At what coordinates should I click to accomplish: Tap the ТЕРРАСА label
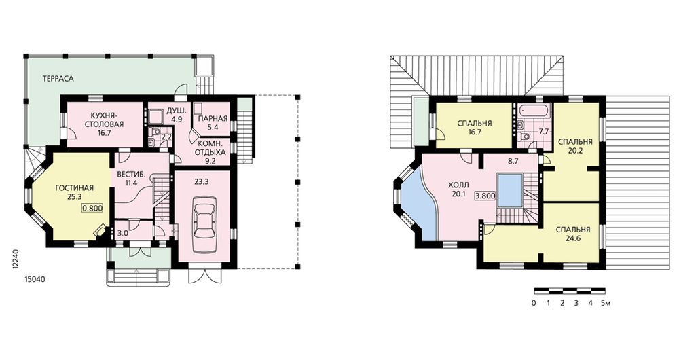[x=58, y=79]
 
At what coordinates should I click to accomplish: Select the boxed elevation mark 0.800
[x=92, y=208]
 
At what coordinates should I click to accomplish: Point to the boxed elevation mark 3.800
[x=485, y=196]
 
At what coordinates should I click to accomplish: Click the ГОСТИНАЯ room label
[x=75, y=188]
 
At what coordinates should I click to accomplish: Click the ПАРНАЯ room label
[x=213, y=119]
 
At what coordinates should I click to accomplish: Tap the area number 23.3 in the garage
[x=202, y=182]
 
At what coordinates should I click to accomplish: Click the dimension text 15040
[x=34, y=279]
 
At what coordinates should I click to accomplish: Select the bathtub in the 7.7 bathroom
[x=534, y=110]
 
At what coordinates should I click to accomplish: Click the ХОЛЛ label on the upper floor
[x=458, y=186]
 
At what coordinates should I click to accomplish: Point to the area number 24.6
[x=573, y=238]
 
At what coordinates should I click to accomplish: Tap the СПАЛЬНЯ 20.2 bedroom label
[x=575, y=147]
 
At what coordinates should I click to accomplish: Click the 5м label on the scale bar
[x=606, y=303]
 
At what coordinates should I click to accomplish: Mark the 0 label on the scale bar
[x=534, y=303]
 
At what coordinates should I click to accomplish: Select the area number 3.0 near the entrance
[x=122, y=233]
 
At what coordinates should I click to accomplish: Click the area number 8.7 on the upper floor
[x=513, y=161]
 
